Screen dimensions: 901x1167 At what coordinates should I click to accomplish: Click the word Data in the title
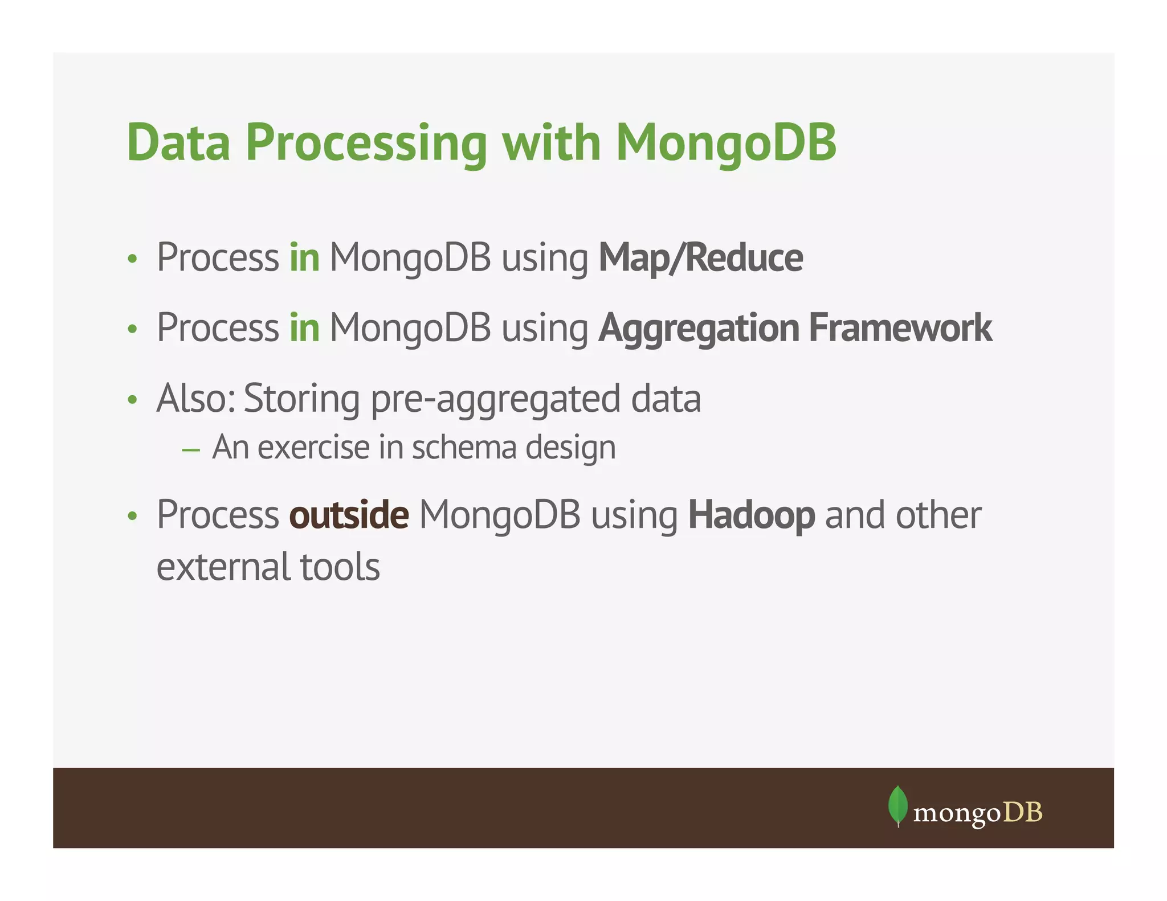(x=178, y=142)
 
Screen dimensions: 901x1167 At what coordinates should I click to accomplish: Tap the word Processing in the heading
(x=366, y=144)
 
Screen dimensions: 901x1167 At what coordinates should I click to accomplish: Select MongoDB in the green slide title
(x=726, y=142)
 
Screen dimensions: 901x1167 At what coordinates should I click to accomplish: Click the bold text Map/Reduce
(x=700, y=258)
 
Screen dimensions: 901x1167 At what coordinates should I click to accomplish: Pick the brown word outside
(x=349, y=515)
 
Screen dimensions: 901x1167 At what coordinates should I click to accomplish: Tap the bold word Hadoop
(x=751, y=515)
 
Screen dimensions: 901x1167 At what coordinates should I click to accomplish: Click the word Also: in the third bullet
(x=196, y=398)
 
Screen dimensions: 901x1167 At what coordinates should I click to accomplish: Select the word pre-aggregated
(x=495, y=399)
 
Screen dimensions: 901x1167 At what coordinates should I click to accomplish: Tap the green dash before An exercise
(x=191, y=450)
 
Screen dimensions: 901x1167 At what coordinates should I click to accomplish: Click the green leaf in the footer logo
(x=897, y=805)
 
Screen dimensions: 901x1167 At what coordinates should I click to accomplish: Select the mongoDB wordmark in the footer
(x=978, y=813)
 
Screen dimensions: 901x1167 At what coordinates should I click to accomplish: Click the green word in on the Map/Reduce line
(x=304, y=258)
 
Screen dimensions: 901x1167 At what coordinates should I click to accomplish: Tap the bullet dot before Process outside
(x=133, y=516)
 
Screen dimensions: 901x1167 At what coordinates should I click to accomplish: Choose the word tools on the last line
(x=340, y=567)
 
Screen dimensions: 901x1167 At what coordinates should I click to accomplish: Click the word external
(x=223, y=567)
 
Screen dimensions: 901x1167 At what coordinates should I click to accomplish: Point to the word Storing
(x=301, y=399)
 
